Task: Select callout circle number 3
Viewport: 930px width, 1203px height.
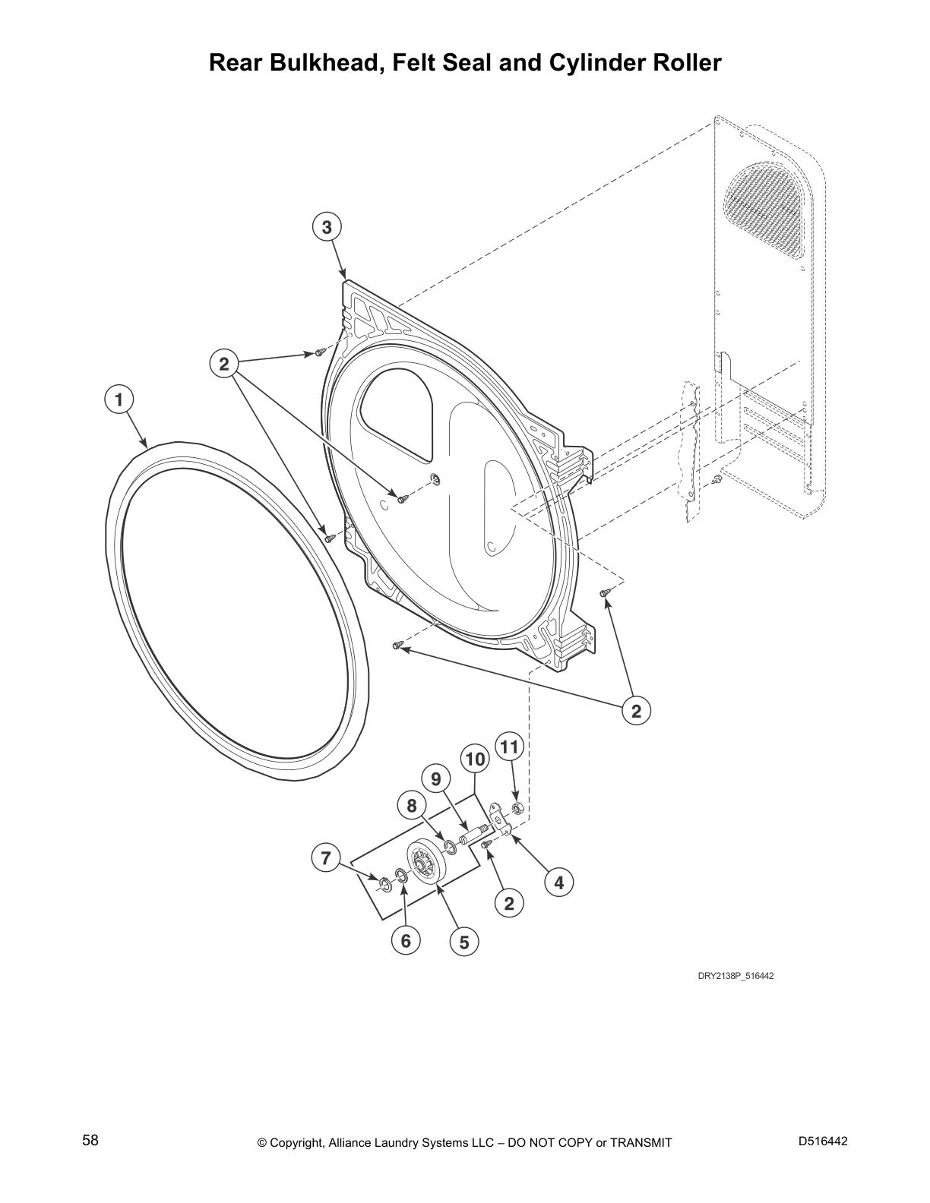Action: tap(327, 227)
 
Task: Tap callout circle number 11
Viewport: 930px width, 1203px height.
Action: tap(509, 747)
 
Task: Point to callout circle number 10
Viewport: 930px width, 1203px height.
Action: tap(474, 759)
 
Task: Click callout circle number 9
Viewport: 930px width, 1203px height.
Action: tap(436, 779)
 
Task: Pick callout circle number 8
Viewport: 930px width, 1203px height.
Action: tap(412, 806)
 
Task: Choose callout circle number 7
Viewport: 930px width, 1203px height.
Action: tap(326, 858)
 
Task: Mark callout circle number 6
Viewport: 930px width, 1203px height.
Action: tap(406, 941)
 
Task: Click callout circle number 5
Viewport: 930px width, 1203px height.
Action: tap(464, 943)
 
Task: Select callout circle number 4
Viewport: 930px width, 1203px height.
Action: tap(559, 883)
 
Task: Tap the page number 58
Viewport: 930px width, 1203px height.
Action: tap(90, 1141)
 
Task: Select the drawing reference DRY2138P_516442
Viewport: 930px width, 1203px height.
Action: tap(735, 976)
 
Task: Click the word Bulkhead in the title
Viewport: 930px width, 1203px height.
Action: tap(321, 62)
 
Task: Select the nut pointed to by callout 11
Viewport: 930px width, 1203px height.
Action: tap(517, 807)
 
